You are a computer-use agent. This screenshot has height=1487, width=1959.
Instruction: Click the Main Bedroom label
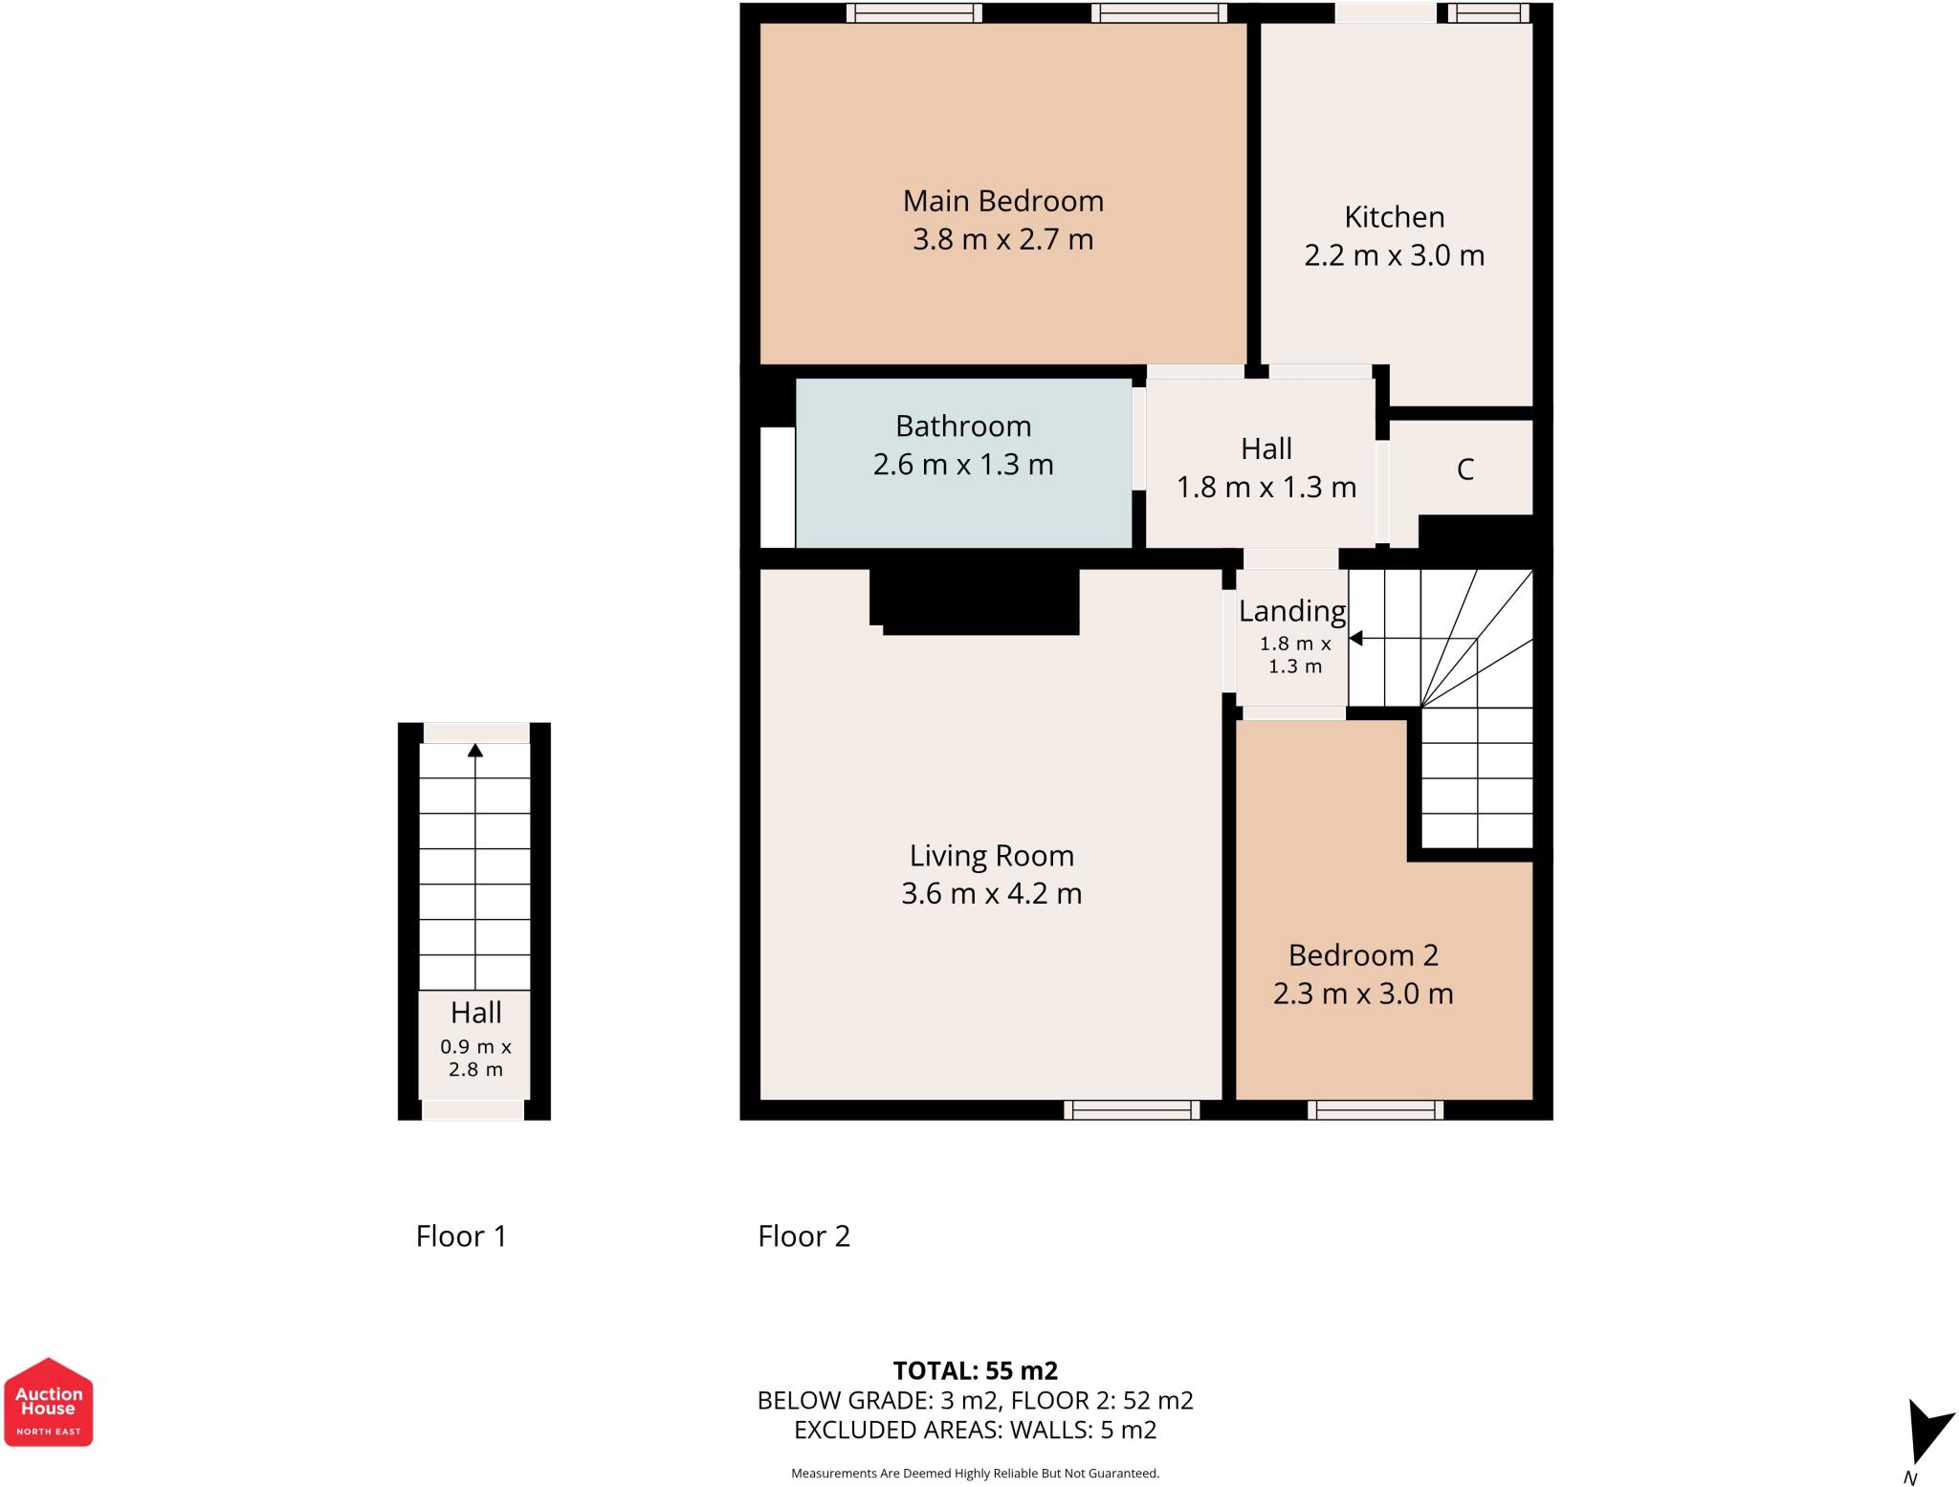click(1002, 201)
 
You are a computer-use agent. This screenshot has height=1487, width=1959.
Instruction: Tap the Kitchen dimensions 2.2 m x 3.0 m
click(1394, 255)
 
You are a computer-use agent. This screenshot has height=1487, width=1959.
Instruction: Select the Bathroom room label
click(963, 426)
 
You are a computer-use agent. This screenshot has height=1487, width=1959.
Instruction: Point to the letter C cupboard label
click(1464, 470)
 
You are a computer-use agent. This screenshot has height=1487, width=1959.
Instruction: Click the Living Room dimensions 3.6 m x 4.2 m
click(991, 893)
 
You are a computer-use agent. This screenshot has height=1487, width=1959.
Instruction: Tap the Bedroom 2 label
click(1363, 954)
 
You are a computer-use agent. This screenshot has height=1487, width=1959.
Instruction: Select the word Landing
click(1291, 610)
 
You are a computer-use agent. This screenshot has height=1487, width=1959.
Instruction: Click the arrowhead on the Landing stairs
click(1355, 638)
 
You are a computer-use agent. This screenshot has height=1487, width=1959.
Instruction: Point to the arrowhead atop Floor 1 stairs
click(475, 751)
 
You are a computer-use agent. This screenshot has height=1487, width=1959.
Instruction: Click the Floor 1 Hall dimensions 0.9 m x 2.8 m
click(475, 1058)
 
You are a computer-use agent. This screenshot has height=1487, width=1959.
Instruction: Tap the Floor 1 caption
click(461, 1236)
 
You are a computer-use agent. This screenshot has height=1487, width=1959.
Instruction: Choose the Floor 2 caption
click(803, 1236)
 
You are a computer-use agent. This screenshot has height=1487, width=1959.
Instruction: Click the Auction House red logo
click(48, 1402)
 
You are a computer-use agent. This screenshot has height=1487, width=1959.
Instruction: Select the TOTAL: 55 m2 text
click(975, 1370)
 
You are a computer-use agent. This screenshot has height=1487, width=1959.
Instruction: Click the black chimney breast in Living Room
click(976, 601)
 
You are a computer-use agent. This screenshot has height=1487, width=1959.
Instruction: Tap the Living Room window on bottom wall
click(1132, 1109)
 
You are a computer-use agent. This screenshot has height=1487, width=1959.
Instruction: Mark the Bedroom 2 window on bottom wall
click(1376, 1109)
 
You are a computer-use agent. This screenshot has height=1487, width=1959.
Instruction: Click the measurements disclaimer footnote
click(975, 1474)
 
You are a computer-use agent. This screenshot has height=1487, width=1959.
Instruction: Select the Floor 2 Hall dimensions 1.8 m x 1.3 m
click(1266, 488)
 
